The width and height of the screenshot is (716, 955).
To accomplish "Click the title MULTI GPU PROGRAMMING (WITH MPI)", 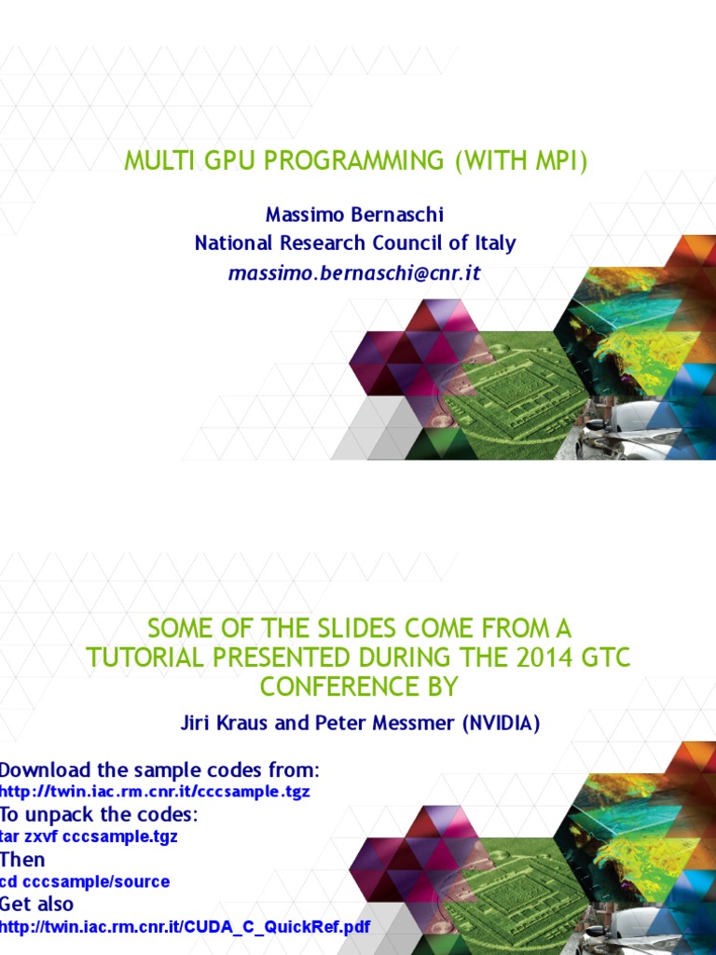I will coord(357,161).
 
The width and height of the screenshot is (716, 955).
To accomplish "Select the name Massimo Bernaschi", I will coord(354,215).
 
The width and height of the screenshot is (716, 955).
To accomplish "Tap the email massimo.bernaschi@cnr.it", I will coord(354,273).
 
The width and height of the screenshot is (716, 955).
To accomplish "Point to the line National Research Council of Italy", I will coord(354,243).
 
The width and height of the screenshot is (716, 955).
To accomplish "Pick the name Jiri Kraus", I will coord(218,723).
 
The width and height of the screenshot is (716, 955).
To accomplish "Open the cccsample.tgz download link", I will coord(155,792).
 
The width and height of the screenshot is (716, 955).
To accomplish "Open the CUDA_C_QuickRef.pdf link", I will coord(185,927).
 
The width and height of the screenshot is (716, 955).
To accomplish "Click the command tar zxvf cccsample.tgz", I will coord(89,837).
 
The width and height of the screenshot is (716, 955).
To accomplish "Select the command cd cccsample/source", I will coord(85,881).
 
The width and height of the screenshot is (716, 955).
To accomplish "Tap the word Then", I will coord(22,859).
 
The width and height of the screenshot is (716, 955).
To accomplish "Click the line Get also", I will coord(36,904).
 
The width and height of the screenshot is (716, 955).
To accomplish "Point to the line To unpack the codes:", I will coord(99,814).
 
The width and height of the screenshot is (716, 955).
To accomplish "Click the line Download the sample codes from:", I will coord(159,770).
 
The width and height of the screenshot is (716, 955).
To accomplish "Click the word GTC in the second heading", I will coord(604,657).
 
